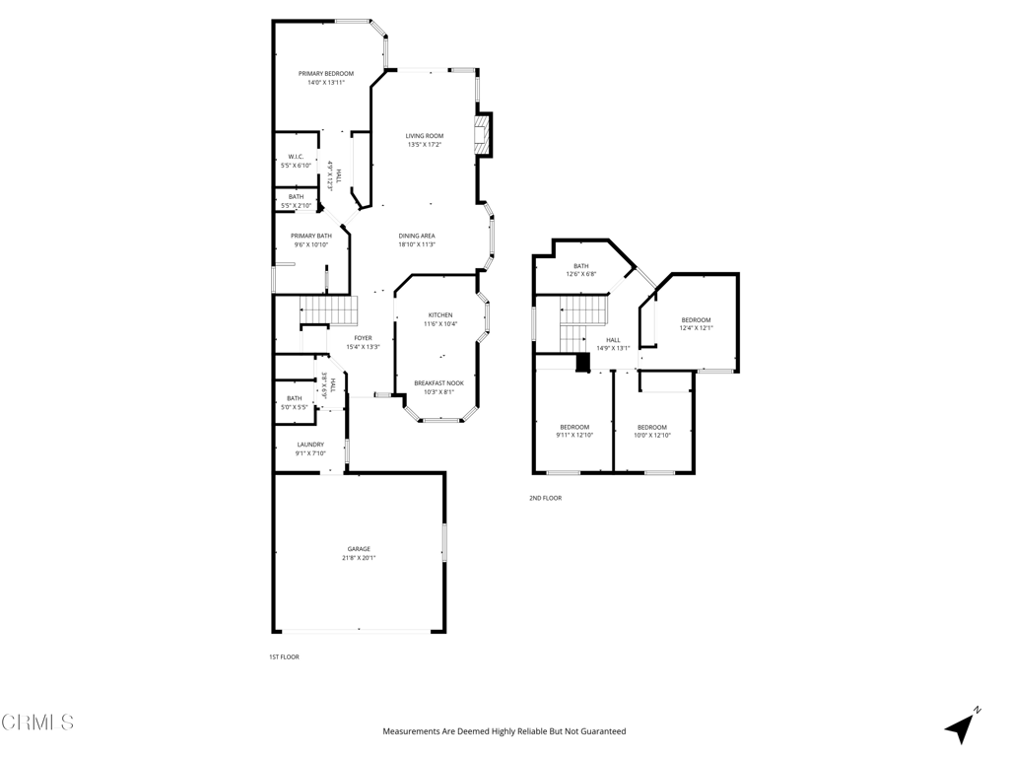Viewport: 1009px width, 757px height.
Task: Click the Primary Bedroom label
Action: click(x=326, y=74)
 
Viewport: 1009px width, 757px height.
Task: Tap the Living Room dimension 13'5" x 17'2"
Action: click(x=425, y=145)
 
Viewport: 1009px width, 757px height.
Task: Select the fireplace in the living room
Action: click(x=483, y=134)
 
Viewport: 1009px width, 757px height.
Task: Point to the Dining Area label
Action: click(x=417, y=236)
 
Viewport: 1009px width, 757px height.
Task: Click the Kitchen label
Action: click(x=439, y=315)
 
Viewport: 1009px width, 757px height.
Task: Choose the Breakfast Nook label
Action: click(x=438, y=382)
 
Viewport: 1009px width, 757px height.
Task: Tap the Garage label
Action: click(x=359, y=549)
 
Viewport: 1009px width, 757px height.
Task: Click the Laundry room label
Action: click(x=310, y=445)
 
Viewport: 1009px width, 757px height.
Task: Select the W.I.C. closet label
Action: click(x=296, y=157)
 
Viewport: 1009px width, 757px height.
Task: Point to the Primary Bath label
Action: click(x=310, y=236)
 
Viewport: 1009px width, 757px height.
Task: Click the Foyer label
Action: click(x=363, y=338)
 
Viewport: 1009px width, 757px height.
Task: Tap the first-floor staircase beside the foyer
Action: click(x=328, y=310)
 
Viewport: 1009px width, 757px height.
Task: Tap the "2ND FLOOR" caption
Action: click(x=545, y=499)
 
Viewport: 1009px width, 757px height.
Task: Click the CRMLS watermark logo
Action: click(x=37, y=723)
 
